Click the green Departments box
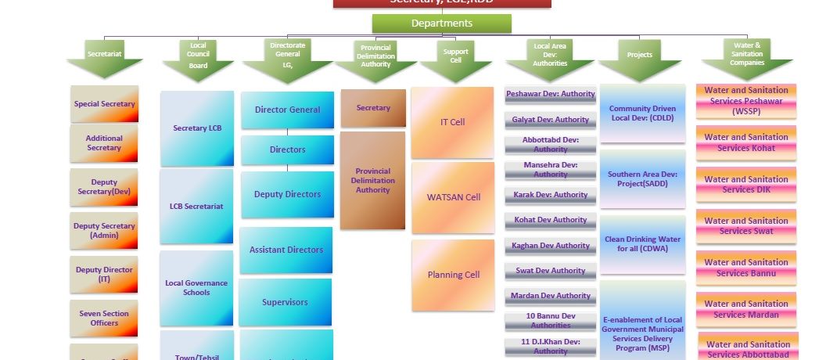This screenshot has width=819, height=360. coord(441,23)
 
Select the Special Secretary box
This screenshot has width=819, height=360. coord(104,104)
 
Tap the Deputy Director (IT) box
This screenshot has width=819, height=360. coord(104,274)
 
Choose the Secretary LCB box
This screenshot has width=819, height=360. coord(197,128)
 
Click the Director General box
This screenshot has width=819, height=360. coord(287,110)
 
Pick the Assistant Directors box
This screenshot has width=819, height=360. coord(286,250)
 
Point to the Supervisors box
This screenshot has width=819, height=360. coord(286,302)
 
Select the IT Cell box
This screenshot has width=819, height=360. coord(452,122)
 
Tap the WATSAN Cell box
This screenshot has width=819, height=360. coord(453,197)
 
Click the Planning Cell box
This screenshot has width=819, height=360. coord(453,275)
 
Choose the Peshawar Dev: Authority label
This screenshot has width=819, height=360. coord(551,95)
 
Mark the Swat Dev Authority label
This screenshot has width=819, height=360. coord(551,271)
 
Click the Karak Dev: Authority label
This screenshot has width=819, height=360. coord(551,195)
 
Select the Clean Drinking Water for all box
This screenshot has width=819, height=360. coord(643,244)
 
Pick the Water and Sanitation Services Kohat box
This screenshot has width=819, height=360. coord(746,142)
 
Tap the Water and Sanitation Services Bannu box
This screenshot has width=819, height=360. coord(746,268)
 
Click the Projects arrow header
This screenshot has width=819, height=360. coord(640,57)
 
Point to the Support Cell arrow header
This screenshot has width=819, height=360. coord(455,57)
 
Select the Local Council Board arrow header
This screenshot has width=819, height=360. coord(198,56)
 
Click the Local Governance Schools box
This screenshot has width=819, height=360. coord(196,287)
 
